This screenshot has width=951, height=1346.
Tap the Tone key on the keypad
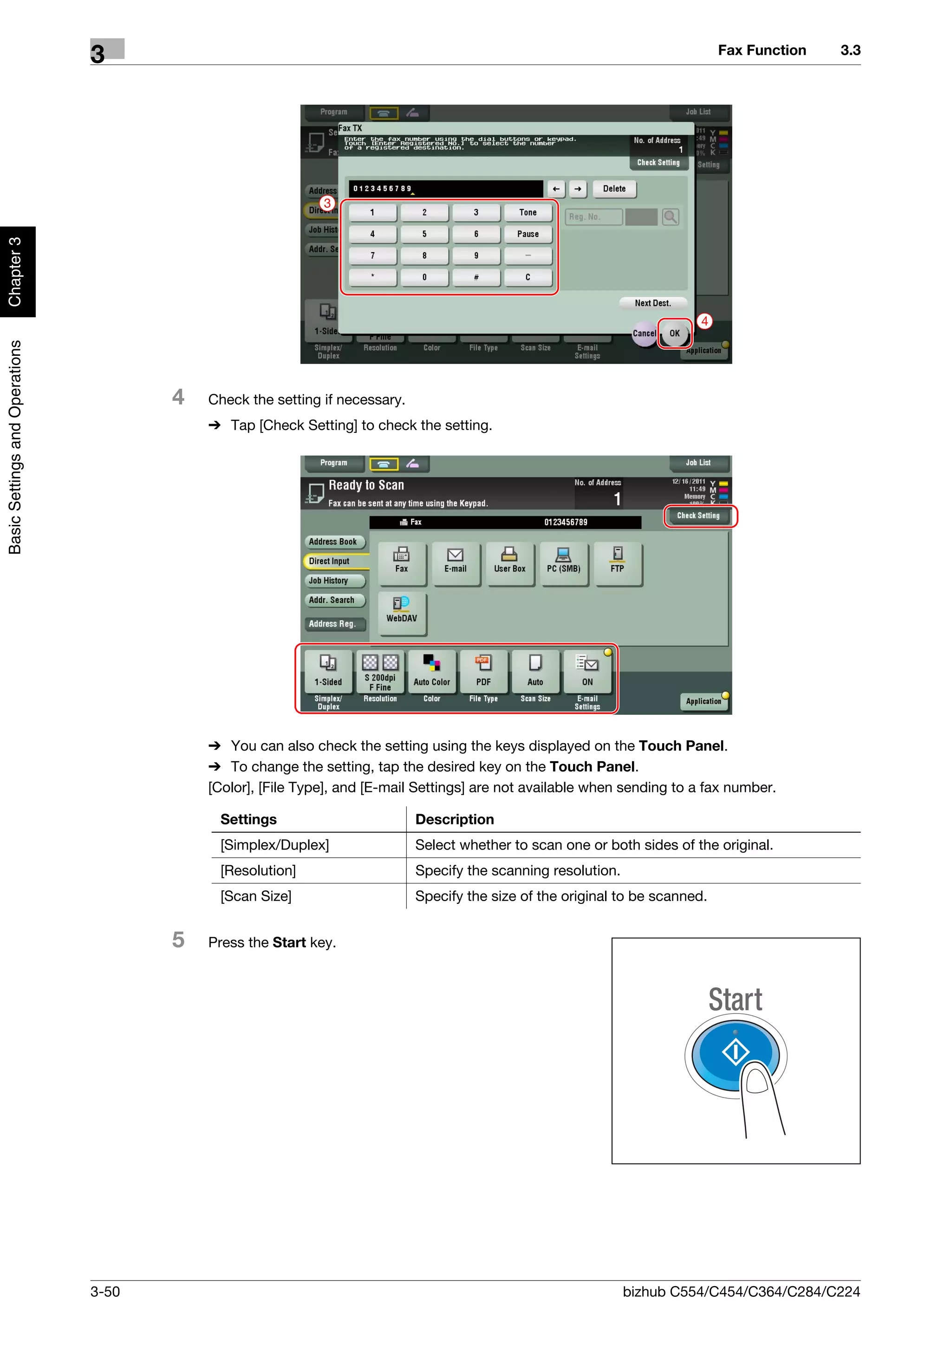(x=528, y=212)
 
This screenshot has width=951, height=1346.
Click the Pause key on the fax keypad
(x=528, y=234)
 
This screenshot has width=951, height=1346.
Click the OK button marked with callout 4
(x=674, y=333)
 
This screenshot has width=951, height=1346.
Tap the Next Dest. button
(x=652, y=303)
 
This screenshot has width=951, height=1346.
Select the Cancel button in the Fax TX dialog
(x=644, y=333)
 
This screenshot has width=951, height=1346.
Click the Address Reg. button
(x=333, y=624)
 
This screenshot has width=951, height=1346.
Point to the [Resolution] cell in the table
(x=258, y=870)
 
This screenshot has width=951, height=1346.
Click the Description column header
(x=454, y=820)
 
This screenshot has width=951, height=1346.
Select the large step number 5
(x=179, y=941)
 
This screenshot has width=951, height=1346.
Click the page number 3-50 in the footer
(x=105, y=1292)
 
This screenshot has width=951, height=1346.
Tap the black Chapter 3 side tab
(x=16, y=271)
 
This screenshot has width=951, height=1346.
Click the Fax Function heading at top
(x=761, y=51)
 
